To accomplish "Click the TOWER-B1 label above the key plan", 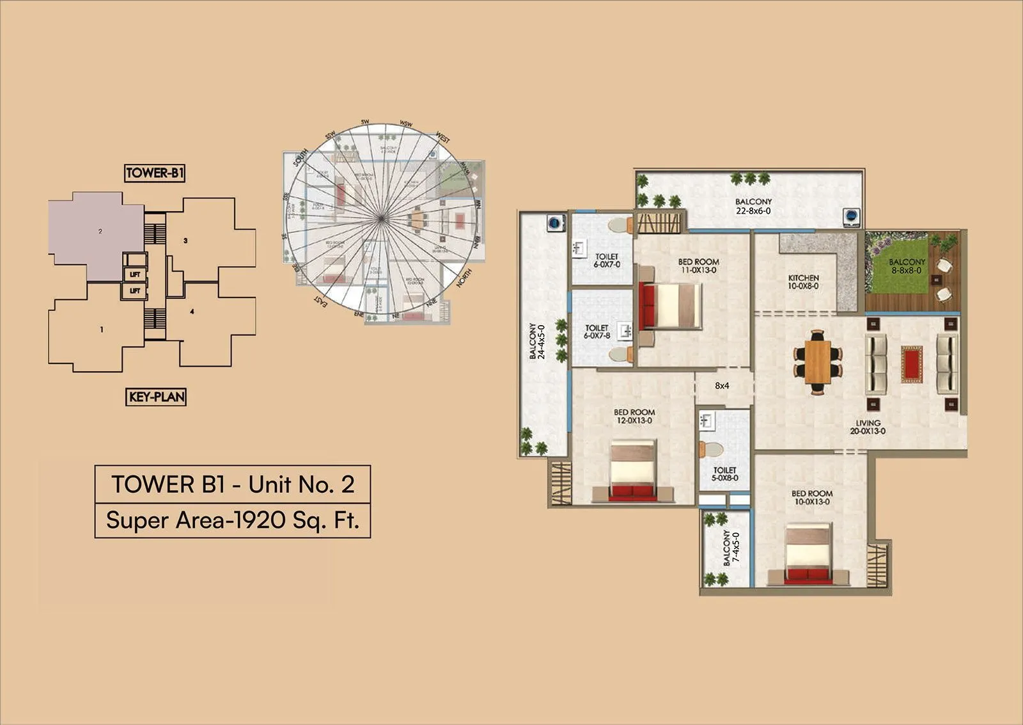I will (155, 173).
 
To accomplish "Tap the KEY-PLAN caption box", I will (157, 397).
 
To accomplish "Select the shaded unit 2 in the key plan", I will (96, 234).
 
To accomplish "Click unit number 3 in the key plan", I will (185, 241).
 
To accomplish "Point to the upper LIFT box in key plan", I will (135, 274).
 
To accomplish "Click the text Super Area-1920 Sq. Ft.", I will (233, 520).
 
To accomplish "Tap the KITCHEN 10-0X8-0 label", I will (803, 282).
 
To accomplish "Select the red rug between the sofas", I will (912, 364).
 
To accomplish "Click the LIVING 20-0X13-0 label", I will (868, 427).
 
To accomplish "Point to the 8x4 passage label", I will (722, 386).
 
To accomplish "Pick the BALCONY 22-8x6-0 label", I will (753, 206).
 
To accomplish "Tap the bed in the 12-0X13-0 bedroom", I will (632, 470).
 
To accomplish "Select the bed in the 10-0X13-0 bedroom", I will (809, 553).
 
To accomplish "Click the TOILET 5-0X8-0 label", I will (724, 474).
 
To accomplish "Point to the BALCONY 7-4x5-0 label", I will (730, 547).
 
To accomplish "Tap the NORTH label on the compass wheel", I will (464, 278).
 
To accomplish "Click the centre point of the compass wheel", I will (381, 219).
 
